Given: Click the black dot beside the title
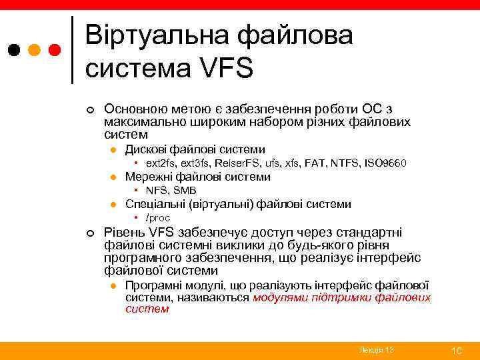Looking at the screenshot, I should click(15, 50).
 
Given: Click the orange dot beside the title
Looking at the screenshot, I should click(35, 50).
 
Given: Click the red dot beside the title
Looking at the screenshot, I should click(55, 50).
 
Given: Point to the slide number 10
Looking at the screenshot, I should click(457, 351).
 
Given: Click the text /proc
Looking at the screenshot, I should click(158, 218).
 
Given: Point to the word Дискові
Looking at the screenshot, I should click(147, 149).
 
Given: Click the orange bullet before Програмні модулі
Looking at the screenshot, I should click(114, 285).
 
